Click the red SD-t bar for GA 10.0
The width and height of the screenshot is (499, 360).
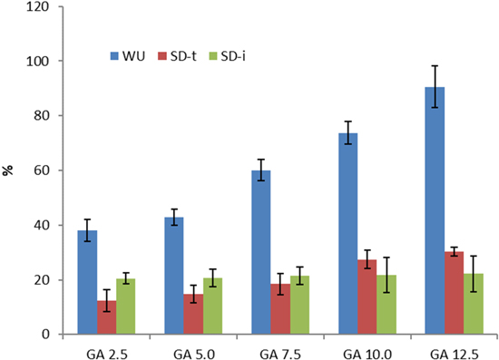tap(367, 297)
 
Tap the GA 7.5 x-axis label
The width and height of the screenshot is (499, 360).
tap(281, 351)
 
